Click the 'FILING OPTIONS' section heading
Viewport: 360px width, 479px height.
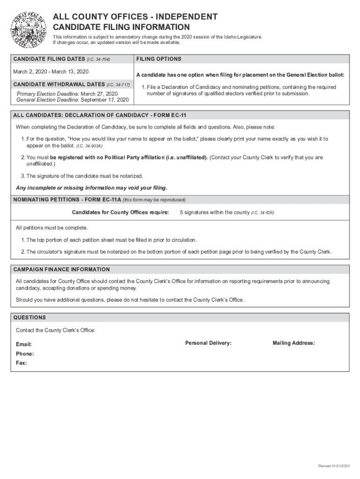(159, 59)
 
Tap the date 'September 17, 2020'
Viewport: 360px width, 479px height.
(105, 100)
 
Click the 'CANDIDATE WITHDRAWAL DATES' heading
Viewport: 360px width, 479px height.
(59, 85)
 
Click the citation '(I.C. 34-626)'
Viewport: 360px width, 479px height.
(262, 213)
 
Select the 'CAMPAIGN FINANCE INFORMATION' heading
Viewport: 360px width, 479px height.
(62, 269)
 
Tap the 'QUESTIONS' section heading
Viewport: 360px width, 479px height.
(30, 318)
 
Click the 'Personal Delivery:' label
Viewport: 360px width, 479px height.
(208, 343)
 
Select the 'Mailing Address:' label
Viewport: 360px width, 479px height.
(294, 343)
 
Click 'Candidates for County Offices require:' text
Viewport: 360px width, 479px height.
(120, 212)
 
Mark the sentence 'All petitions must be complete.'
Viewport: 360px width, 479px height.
(51, 228)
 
